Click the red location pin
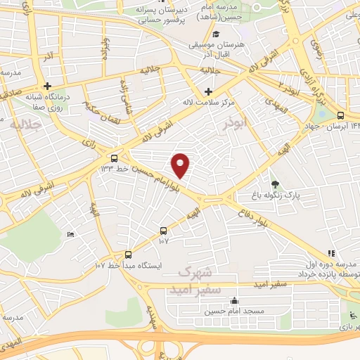(x=181, y=165)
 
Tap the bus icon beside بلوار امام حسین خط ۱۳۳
(x=115, y=157)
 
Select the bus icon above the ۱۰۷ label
(x=164, y=230)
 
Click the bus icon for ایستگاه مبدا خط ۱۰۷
(x=128, y=255)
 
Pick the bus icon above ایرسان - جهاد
(x=340, y=115)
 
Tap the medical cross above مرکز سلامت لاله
(x=208, y=91)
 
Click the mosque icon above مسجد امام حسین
(x=234, y=301)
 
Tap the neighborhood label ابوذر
(x=236, y=122)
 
